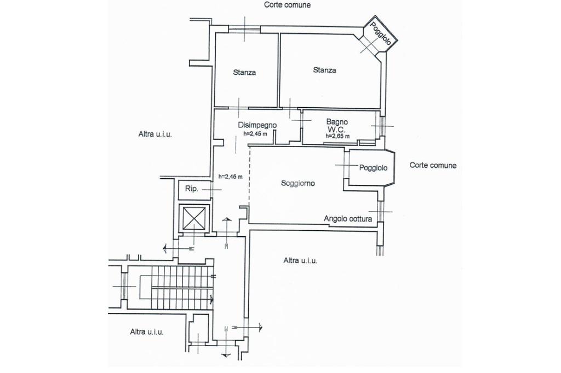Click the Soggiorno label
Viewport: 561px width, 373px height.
coord(297,184)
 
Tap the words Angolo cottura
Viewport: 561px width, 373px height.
coord(348,219)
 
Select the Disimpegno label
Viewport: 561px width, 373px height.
coord(257,125)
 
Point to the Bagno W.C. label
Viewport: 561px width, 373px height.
coord(337,125)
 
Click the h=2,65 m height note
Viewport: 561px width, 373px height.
coord(337,136)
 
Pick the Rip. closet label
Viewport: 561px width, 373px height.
coord(191,189)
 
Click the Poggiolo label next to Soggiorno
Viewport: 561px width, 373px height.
coord(374,168)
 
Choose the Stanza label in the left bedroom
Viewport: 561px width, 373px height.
coord(244,72)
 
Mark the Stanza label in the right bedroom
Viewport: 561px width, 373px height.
coord(325,70)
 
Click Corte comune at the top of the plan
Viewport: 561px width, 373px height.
coord(287,5)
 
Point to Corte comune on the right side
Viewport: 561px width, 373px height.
coord(433,165)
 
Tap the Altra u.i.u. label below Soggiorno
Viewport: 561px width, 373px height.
coord(300,261)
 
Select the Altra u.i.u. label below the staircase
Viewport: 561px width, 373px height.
coord(147,331)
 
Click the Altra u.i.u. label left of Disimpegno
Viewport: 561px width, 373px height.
coord(155,135)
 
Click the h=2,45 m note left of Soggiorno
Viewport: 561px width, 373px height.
coord(230,177)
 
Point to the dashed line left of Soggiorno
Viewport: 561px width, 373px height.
coord(250,175)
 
